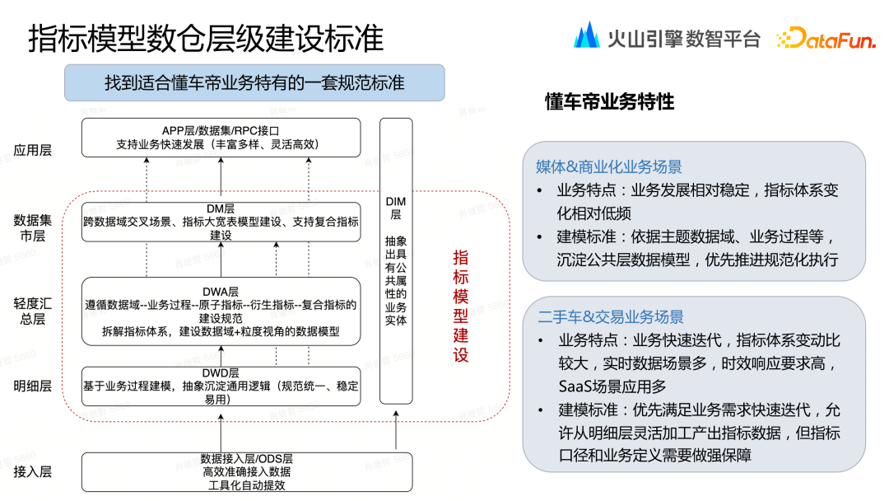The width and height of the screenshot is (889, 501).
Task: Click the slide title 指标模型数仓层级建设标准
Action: point(206,39)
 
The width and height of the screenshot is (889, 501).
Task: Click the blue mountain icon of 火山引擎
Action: point(586,35)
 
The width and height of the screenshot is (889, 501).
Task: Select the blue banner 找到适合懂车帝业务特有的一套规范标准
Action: point(254,83)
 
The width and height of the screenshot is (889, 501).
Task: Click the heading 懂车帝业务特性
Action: point(609,102)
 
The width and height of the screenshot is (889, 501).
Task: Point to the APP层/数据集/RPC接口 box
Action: point(221,138)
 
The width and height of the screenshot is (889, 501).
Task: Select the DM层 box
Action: point(221,222)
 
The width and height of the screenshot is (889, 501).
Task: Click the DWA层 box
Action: point(221,311)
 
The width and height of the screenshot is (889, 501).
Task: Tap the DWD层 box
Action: point(221,386)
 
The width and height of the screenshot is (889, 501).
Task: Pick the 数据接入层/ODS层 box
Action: point(246,471)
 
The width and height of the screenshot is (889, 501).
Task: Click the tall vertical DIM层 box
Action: point(395,260)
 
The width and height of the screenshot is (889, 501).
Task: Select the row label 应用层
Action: point(33,150)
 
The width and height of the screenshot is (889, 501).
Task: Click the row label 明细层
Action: point(33,386)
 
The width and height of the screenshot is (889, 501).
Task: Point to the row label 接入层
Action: point(33,471)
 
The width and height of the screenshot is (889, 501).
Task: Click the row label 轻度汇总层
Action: point(33,310)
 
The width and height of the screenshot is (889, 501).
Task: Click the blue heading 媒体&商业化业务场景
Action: point(608,167)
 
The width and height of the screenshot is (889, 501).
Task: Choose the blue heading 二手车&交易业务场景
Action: point(610,317)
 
